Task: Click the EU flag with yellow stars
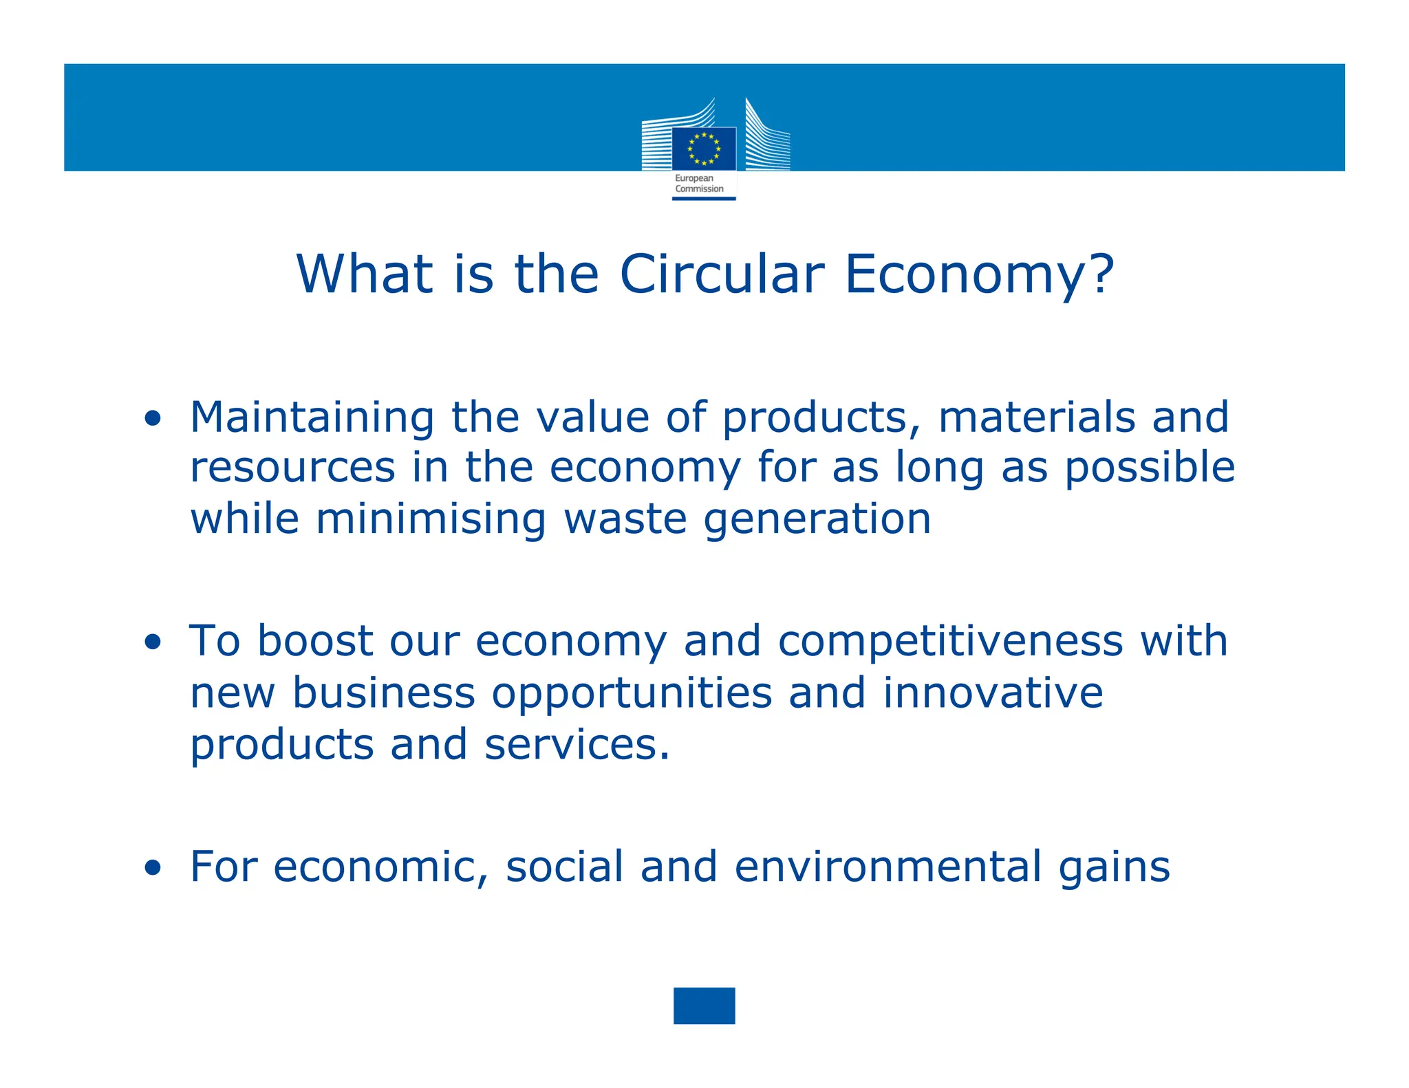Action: [704, 149]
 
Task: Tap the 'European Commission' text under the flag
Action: [699, 184]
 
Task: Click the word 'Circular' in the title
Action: [722, 274]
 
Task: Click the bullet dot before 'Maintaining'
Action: [153, 418]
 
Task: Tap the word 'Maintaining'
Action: [312, 417]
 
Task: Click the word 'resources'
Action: [292, 468]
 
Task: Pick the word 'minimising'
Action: [431, 519]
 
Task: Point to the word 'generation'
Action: [817, 520]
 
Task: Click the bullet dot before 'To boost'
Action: [153, 642]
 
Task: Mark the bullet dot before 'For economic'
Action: [153, 868]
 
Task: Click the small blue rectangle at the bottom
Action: [704, 1005]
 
